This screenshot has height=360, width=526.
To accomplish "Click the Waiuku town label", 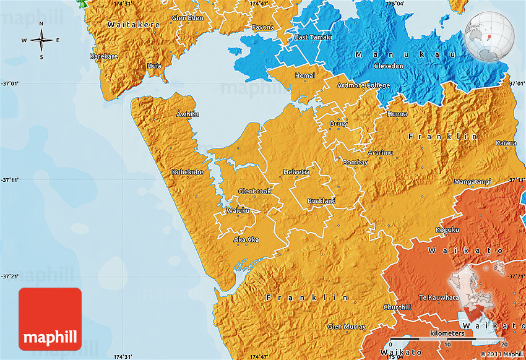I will point(238,211).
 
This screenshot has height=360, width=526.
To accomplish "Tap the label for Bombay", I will point(355,163).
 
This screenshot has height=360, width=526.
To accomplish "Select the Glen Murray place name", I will point(347,327).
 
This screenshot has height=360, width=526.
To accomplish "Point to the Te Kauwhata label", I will point(439,298).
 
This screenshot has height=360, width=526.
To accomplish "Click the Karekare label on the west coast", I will point(104,56).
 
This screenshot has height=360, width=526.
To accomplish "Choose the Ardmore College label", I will point(363,85).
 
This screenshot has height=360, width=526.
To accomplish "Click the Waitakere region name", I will point(133,25).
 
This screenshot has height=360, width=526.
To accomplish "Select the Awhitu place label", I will point(188,114).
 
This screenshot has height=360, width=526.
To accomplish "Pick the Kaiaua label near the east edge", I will point(506,143).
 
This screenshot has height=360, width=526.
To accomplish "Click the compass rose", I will point(41,41).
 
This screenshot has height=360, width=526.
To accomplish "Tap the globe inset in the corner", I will point(489,36).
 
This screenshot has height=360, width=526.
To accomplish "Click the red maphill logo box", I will point(50,319).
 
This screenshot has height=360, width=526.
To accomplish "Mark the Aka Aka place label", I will point(246,239).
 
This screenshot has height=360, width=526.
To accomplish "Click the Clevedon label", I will point(388,66).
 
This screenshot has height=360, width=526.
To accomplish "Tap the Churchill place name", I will point(397,307).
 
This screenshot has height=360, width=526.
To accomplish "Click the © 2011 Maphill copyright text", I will point(499,354).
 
